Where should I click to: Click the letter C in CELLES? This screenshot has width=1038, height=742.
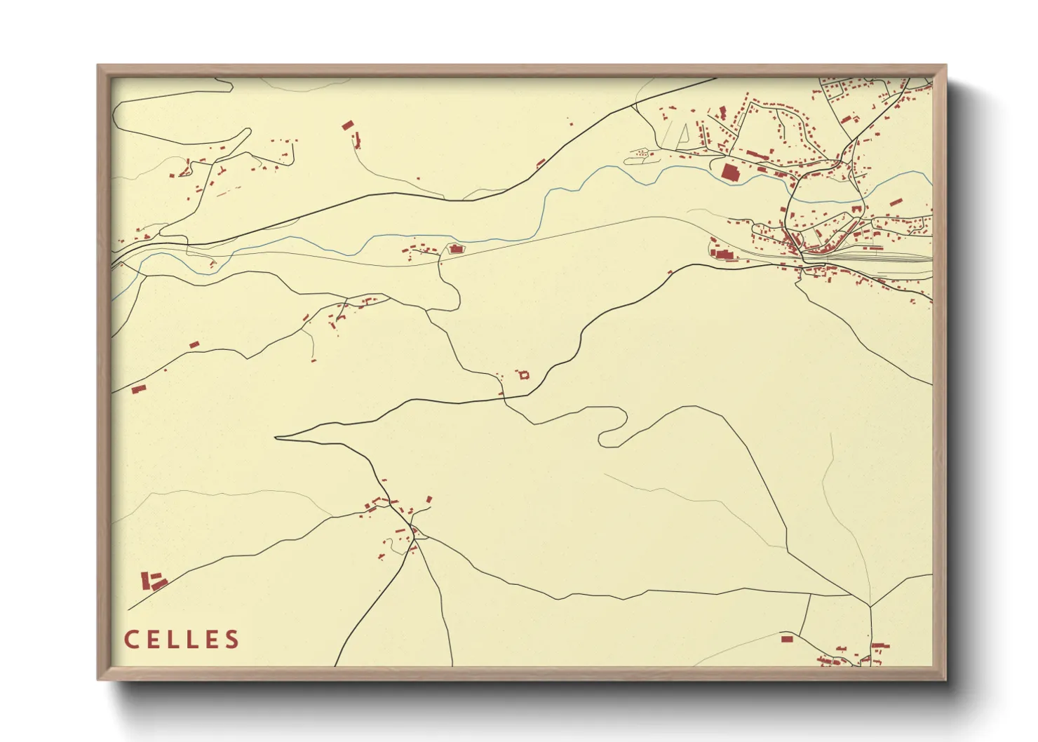point(132,640)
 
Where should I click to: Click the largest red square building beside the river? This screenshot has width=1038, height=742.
point(730,173)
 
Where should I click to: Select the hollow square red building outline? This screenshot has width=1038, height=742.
point(523,375)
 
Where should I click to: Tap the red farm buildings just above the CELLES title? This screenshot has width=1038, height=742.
point(154,582)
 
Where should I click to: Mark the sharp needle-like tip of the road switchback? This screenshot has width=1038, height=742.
point(276,438)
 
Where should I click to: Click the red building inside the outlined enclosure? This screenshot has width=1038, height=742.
point(454,249)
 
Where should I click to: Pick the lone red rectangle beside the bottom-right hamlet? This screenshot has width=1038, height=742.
point(787,639)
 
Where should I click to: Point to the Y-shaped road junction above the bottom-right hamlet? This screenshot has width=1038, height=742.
point(870,607)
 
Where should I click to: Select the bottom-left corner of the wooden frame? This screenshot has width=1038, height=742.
point(99,678)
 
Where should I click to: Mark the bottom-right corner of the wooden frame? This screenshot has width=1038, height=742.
point(945,678)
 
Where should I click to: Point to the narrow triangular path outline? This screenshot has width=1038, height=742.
point(680,135)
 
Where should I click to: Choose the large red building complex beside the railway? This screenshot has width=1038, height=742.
point(722,254)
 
